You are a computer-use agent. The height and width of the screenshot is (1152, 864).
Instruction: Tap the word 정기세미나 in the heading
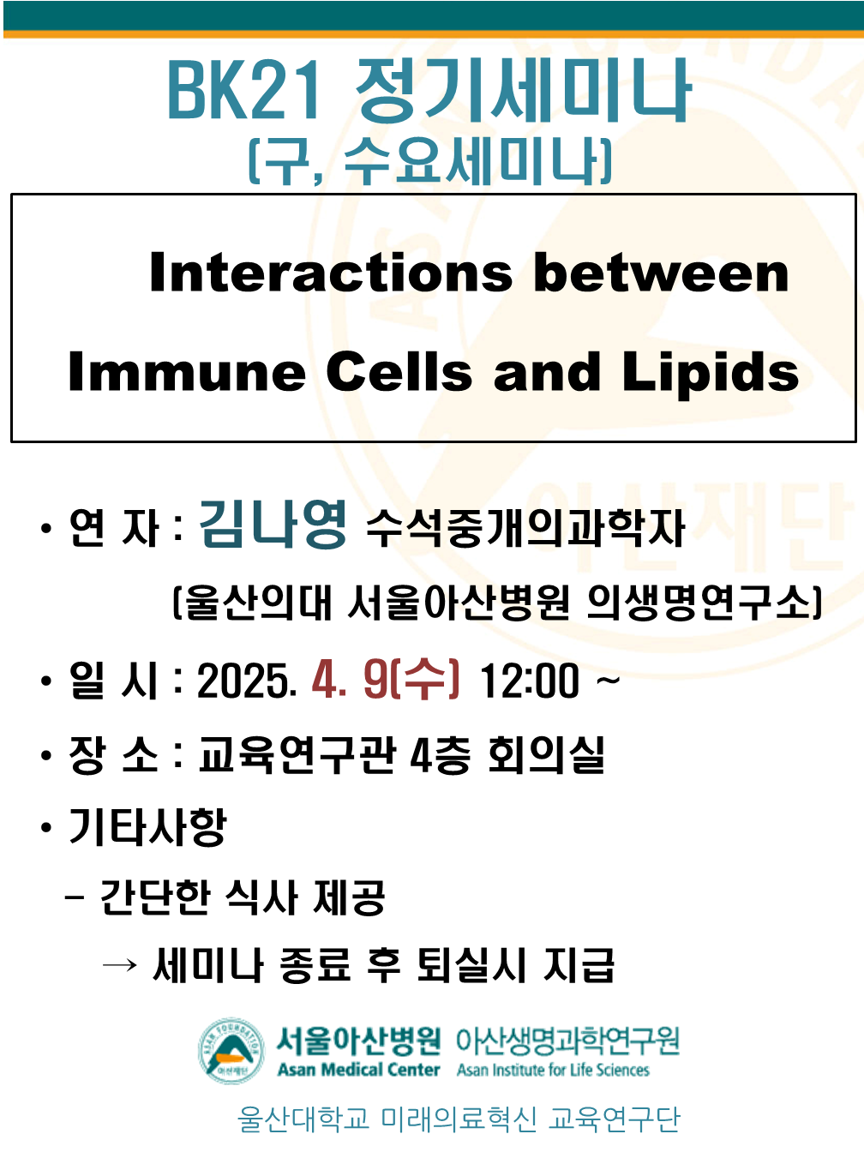[523, 89]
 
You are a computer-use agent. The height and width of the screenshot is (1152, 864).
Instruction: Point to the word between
[661, 272]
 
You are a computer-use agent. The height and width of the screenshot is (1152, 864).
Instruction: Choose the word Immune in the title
[187, 372]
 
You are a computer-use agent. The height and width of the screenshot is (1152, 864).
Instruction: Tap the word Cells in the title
[399, 372]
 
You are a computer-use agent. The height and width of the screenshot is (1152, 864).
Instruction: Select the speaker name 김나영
[273, 524]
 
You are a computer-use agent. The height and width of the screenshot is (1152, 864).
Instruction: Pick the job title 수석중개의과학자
[525, 529]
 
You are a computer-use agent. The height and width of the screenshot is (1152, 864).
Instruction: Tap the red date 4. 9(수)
[386, 681]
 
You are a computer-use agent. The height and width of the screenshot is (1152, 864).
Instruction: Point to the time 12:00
[530, 681]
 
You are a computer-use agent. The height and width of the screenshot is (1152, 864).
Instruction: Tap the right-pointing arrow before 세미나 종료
[119, 964]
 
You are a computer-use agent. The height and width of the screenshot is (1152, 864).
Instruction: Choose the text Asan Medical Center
[359, 1070]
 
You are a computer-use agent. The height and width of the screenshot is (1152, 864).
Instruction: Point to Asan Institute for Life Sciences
[553, 1070]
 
